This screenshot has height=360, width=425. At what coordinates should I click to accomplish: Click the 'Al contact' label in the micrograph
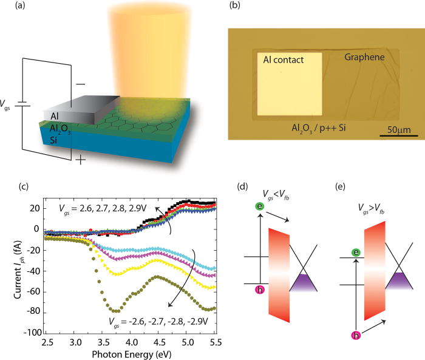(x=283, y=59)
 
